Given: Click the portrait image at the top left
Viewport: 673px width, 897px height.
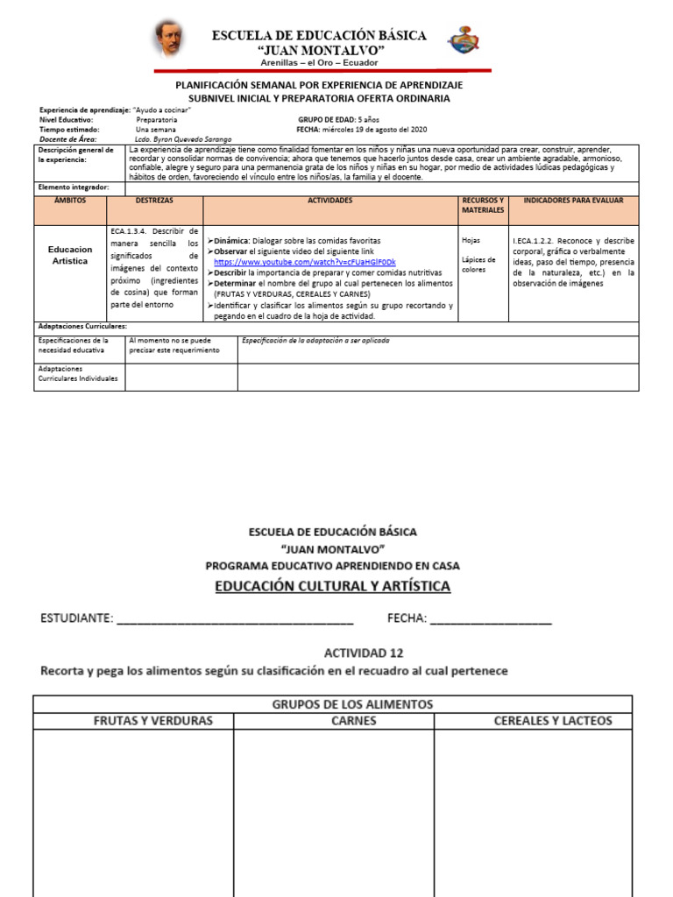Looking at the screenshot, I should click(169, 38).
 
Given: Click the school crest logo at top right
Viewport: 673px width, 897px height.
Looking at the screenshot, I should click(464, 39).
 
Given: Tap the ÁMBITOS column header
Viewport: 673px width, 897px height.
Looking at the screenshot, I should click(70, 201).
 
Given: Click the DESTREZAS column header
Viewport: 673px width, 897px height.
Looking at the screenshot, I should click(154, 201).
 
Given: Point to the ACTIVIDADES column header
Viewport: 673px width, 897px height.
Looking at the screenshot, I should click(330, 201).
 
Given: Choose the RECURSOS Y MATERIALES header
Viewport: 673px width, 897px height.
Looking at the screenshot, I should click(483, 205).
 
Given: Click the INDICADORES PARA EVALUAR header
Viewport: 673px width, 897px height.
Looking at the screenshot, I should click(573, 201).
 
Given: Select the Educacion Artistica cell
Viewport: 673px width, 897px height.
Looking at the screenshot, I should click(70, 255).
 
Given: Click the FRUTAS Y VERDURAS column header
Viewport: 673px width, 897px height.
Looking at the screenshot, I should click(152, 721).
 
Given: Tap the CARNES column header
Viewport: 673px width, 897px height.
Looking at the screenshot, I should click(354, 721).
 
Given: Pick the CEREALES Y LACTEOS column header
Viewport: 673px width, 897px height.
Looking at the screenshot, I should click(553, 721).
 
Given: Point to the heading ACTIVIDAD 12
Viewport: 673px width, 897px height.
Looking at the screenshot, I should click(364, 653).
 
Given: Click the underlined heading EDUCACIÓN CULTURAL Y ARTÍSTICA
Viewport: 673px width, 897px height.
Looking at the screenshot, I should click(333, 586).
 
